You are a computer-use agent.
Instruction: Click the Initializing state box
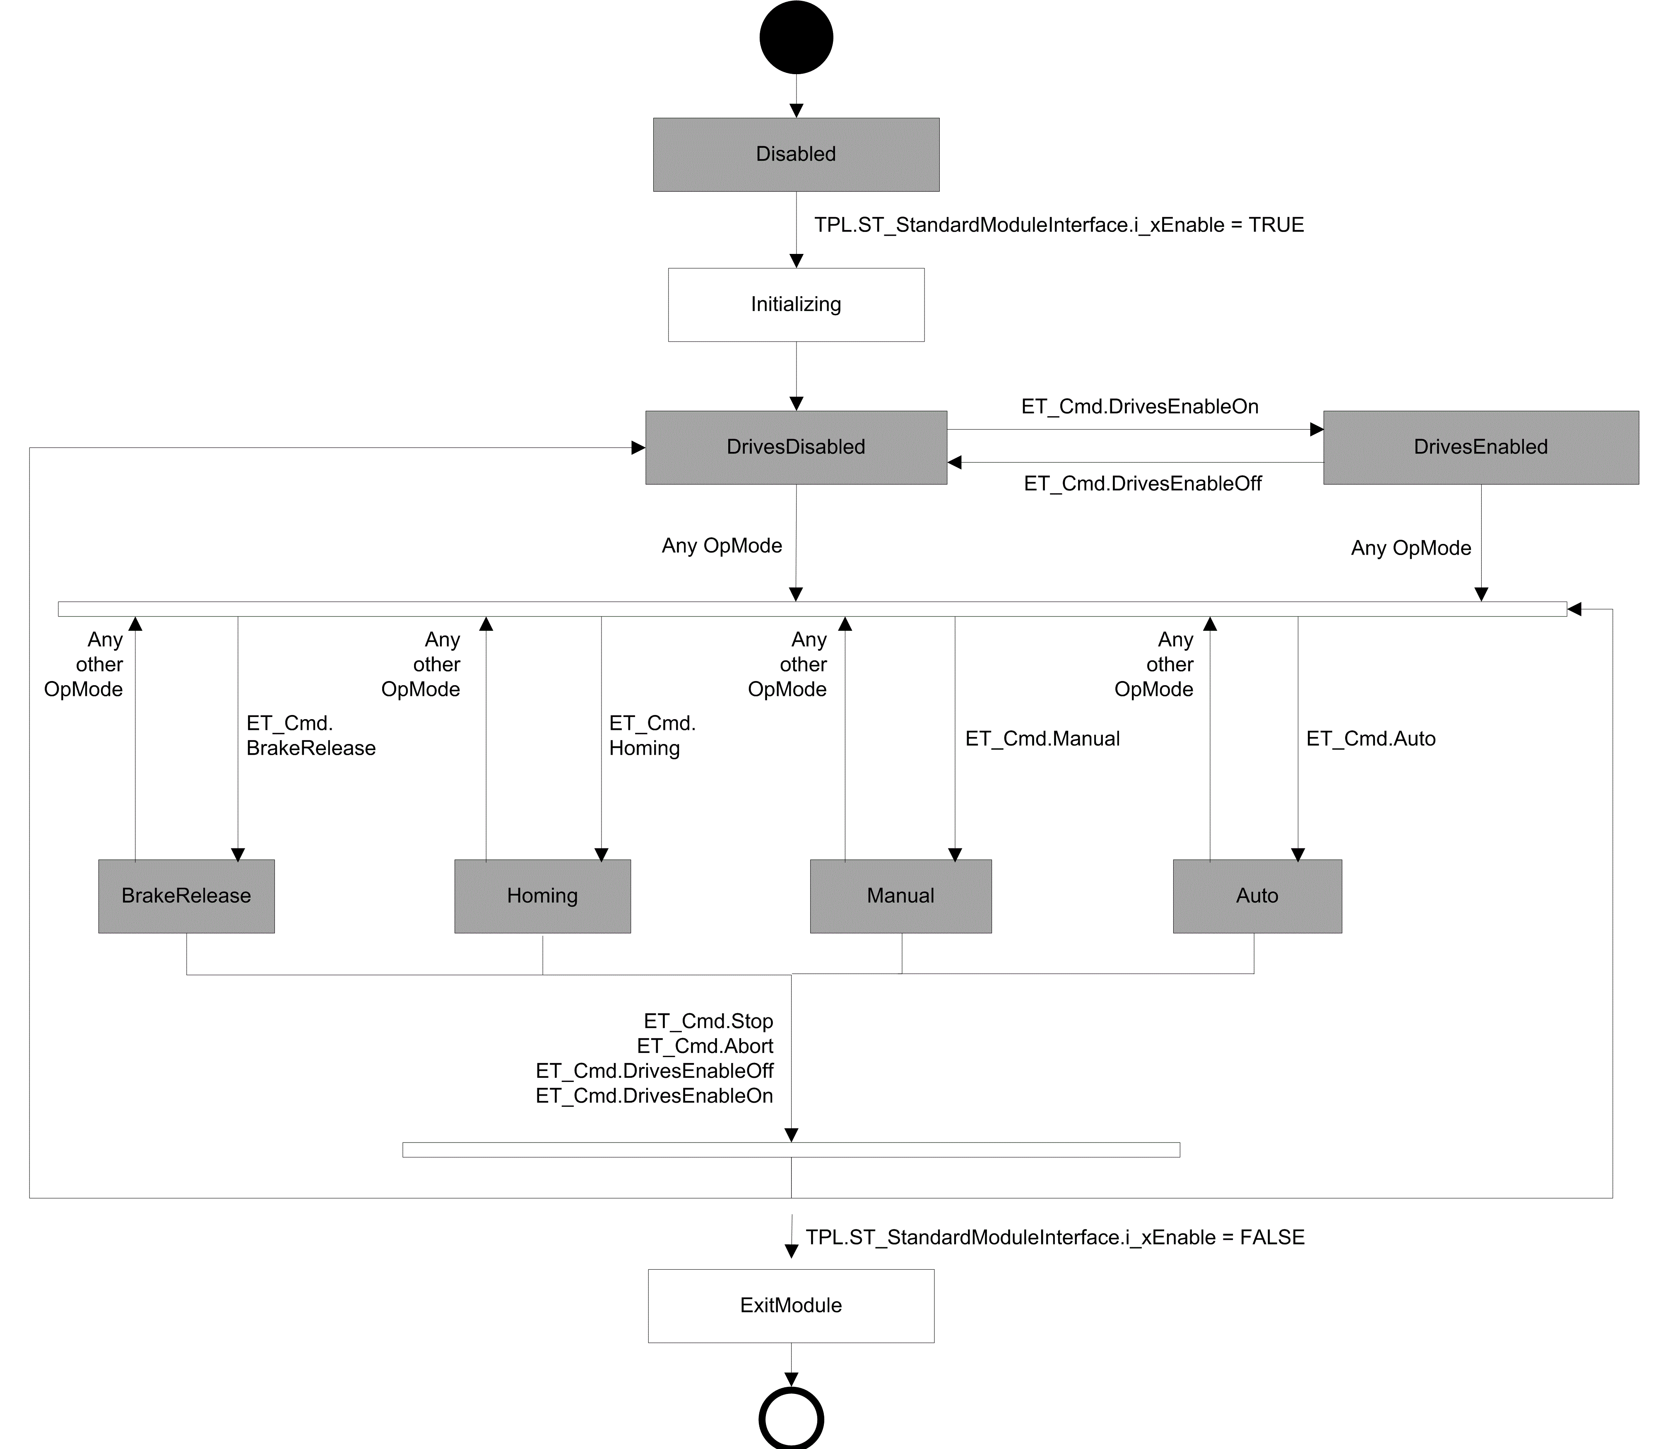[x=796, y=305]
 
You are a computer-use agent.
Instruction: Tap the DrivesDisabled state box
[x=796, y=448]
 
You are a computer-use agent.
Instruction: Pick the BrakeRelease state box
[x=186, y=896]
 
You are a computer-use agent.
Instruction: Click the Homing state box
[x=542, y=896]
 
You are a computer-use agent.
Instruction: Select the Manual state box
[x=901, y=896]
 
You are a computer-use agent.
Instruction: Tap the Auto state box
[x=1258, y=896]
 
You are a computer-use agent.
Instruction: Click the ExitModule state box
[x=791, y=1306]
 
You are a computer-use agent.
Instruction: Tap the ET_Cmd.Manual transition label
[x=1043, y=739]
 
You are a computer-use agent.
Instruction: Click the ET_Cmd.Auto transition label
[x=1371, y=739]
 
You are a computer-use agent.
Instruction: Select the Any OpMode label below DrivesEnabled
[x=1411, y=548]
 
